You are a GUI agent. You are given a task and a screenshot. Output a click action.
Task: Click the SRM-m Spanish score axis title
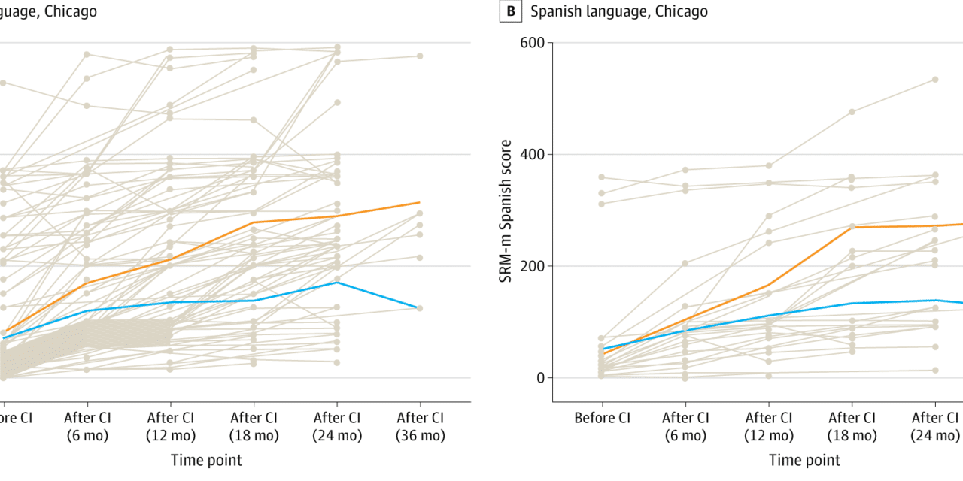coord(507,210)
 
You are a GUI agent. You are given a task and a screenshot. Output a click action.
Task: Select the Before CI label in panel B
coord(602,417)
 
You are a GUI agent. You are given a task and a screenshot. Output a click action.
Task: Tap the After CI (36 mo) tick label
coord(420,426)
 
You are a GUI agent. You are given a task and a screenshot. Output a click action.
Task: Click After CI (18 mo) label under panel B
coord(852,426)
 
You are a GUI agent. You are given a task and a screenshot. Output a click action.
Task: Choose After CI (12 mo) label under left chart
coord(171,426)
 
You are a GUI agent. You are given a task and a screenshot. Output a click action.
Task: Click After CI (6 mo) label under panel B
coord(686,426)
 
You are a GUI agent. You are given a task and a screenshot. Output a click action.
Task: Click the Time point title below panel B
coord(804,460)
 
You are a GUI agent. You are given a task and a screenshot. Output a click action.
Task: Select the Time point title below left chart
coord(206,460)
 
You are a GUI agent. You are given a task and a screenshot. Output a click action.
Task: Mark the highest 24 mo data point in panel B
coord(935,80)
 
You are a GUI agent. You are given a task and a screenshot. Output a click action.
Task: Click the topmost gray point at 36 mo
coord(420,56)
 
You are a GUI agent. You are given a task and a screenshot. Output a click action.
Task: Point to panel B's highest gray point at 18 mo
coord(852,112)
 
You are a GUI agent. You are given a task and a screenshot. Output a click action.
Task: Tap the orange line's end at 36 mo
coord(420,202)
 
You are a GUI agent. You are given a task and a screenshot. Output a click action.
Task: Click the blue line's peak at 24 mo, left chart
coord(337,283)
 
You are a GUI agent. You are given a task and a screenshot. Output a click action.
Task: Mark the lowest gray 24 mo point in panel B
coord(935,370)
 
